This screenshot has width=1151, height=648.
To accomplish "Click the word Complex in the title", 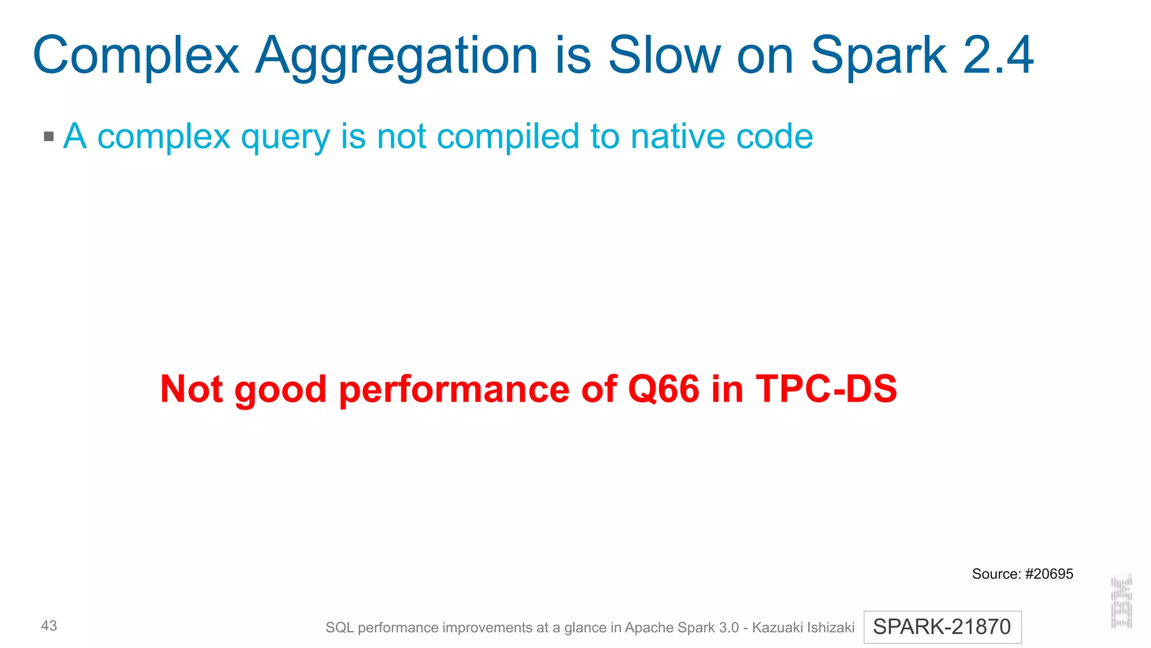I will click(x=136, y=56).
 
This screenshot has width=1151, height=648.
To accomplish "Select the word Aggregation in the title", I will click(x=397, y=56).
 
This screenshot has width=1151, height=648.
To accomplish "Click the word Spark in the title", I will click(x=878, y=56).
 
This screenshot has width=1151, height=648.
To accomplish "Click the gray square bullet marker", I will click(x=49, y=136).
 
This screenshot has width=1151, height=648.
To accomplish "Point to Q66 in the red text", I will click(x=664, y=389).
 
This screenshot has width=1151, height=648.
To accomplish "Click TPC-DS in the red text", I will click(x=826, y=389).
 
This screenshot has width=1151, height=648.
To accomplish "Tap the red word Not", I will click(x=192, y=389).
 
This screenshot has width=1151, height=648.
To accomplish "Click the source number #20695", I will click(x=1049, y=574).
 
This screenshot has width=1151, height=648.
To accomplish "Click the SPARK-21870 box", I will click(x=942, y=627).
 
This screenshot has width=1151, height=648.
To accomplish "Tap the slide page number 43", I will click(x=49, y=625).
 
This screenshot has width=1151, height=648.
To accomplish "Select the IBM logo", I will click(x=1121, y=601).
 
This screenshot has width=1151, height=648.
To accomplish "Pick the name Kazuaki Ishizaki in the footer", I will click(x=803, y=627).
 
